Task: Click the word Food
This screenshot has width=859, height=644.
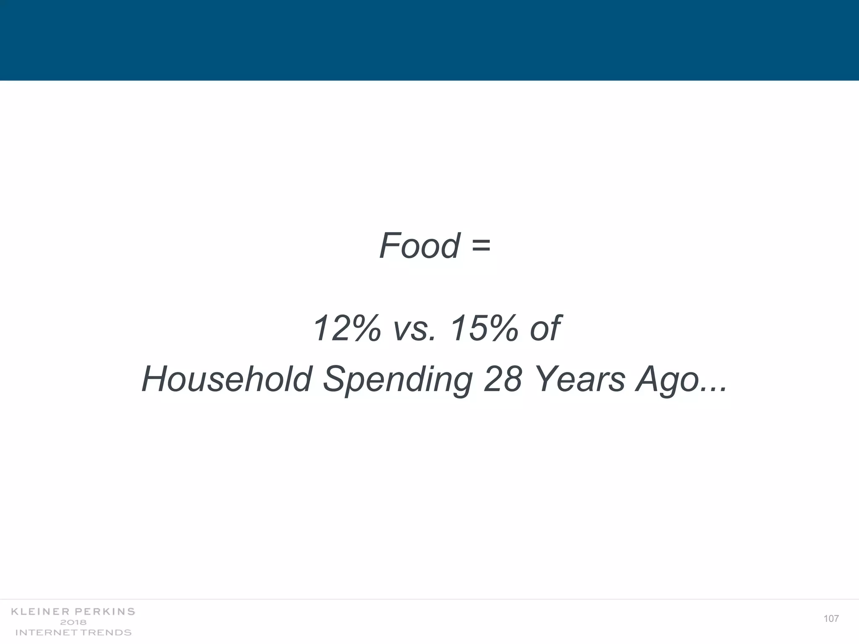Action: [419, 246]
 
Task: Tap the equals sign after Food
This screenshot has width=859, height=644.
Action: [481, 247]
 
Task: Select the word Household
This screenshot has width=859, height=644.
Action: [227, 379]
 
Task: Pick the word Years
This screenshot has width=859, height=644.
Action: [581, 379]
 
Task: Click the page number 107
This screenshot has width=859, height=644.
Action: [831, 619]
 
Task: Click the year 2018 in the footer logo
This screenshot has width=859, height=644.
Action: [73, 622]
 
